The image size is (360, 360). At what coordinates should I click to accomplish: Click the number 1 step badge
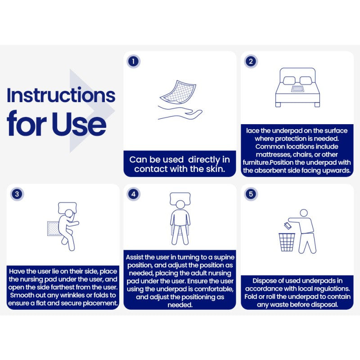[x=133, y=61]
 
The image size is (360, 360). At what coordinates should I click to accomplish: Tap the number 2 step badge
[x=251, y=61]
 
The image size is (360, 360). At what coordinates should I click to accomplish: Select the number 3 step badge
[x=17, y=194]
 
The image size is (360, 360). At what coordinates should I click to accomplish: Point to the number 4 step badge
[x=133, y=194]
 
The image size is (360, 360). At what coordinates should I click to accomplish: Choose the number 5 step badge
[x=251, y=194]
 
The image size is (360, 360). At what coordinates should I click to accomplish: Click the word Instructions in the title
[x=61, y=95]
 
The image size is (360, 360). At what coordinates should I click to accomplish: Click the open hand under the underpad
[x=180, y=112]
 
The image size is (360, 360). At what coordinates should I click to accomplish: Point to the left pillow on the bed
[x=289, y=81]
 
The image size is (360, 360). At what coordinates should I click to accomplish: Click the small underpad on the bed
[x=298, y=89]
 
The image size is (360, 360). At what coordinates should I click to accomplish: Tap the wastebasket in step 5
[x=287, y=242]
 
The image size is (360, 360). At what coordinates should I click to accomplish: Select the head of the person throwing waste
[x=304, y=213]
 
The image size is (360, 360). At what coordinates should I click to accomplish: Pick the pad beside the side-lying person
[x=53, y=229]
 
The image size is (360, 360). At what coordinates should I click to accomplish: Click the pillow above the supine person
[x=180, y=198]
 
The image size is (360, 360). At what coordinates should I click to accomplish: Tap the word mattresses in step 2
[x=273, y=154]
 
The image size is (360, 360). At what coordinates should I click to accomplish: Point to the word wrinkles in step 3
[x=73, y=295]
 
